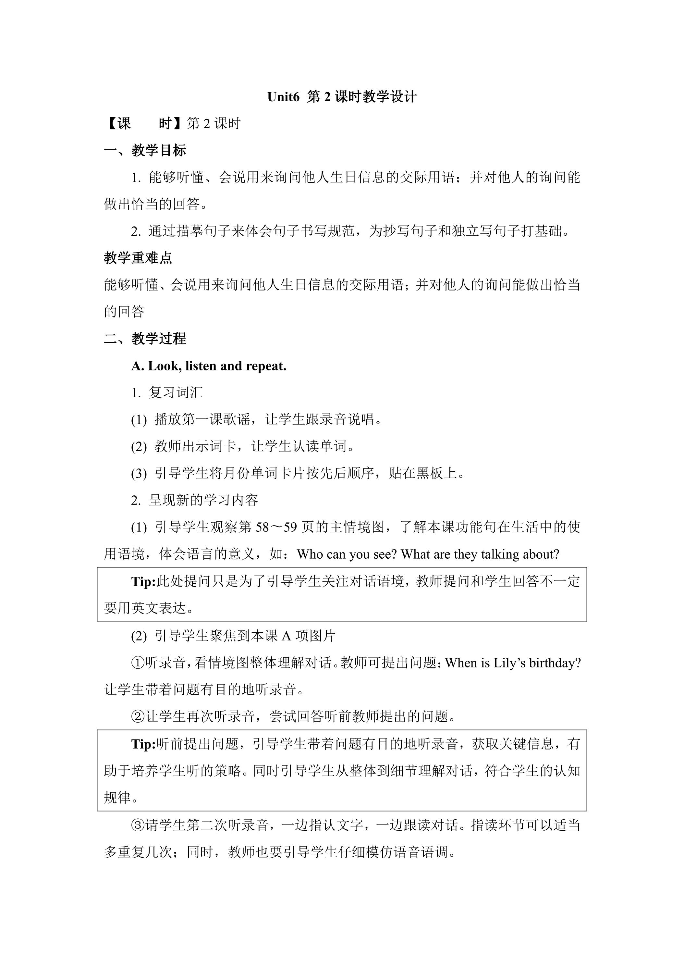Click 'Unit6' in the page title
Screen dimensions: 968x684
coord(283,97)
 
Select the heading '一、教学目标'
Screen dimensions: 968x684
coord(145,151)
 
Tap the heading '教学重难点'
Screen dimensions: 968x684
coord(138,258)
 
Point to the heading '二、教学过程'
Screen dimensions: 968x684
coord(145,339)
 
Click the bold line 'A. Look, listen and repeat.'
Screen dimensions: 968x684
coord(209,366)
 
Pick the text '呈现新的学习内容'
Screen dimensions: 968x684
coord(203,501)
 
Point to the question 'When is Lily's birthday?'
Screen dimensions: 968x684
coord(513,663)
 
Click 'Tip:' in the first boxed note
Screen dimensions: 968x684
coord(144,581)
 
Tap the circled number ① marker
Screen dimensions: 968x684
coord(138,663)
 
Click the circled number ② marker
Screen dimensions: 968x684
coord(138,716)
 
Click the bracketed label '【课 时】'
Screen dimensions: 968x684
coord(144,124)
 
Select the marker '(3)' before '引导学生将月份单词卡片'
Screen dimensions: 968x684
coord(139,474)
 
